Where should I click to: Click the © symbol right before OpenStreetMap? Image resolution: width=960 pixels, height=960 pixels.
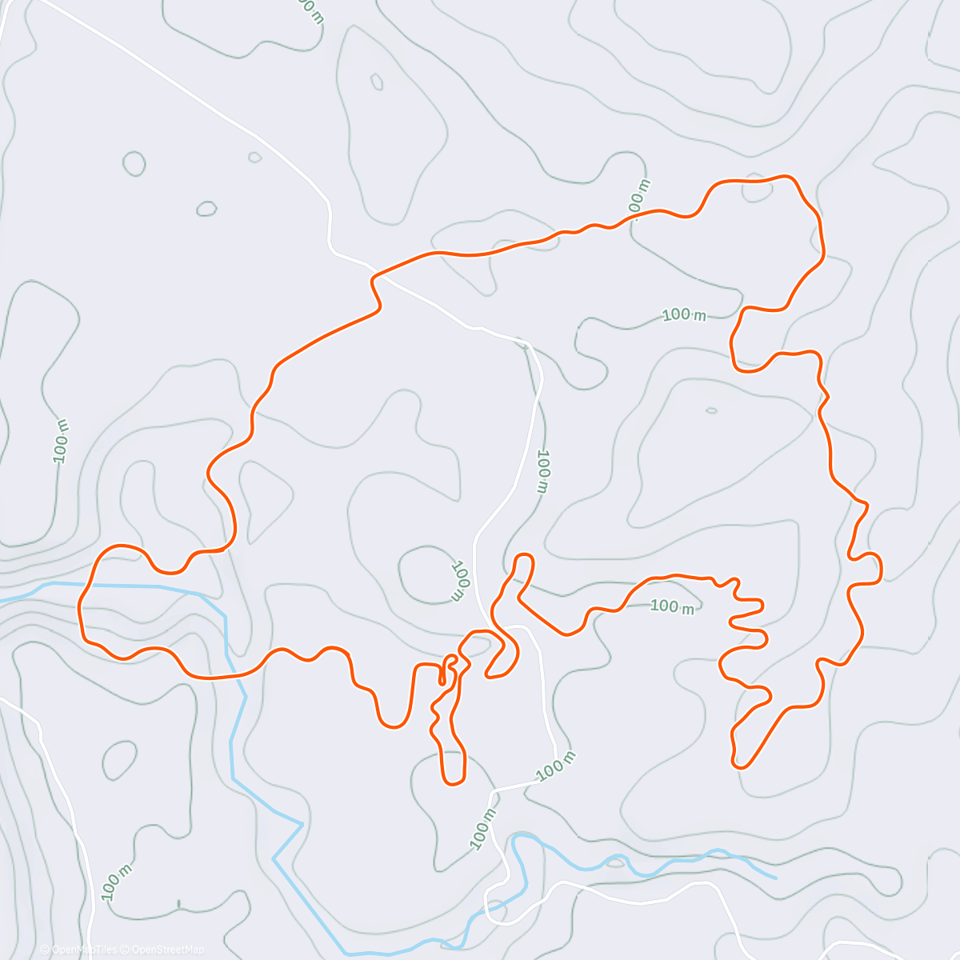pos(124,950)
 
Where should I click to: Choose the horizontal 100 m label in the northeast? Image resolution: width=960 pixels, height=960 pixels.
pos(684,315)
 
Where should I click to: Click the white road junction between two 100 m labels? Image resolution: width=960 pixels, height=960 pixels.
pos(491,790)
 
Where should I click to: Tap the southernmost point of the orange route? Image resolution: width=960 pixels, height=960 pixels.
pos(454,783)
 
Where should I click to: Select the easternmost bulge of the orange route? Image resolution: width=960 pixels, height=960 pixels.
pos(881,568)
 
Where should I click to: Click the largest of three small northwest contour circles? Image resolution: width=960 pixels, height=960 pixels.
pos(134,163)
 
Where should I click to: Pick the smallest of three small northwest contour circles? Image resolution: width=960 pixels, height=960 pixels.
pos(255,157)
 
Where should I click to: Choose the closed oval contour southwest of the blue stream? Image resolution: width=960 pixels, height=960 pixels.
pos(120,759)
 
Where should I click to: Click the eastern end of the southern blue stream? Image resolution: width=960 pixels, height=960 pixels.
pos(774,877)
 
